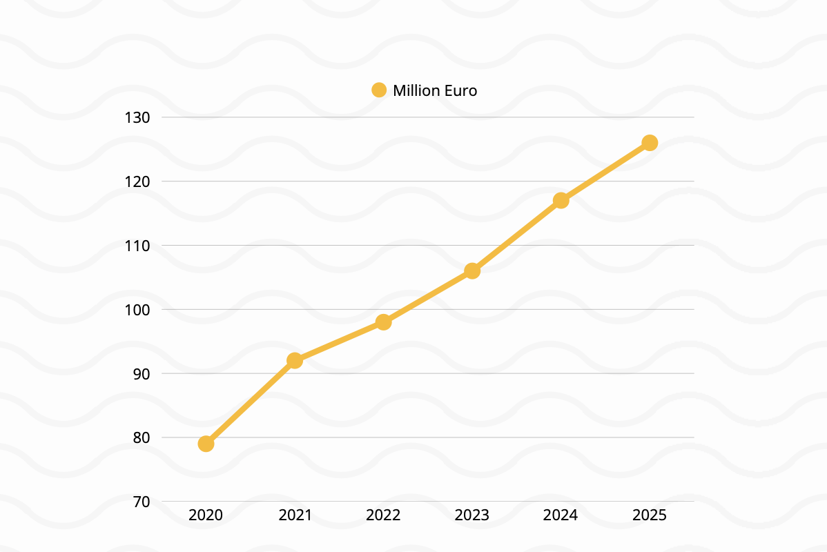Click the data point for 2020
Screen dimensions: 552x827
(x=206, y=444)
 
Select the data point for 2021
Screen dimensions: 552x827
(x=295, y=360)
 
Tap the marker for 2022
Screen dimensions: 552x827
(x=384, y=322)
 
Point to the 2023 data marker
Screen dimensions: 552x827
(x=472, y=270)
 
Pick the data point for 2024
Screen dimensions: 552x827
(x=561, y=201)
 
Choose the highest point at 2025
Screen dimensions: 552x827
(x=650, y=143)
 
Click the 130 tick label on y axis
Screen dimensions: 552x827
(x=137, y=118)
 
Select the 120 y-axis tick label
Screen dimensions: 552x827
(x=137, y=181)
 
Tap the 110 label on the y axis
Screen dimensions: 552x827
(x=137, y=246)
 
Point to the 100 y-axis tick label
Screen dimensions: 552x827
(x=137, y=310)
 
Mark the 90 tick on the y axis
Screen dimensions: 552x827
(x=141, y=373)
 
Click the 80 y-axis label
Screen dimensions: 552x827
(x=141, y=437)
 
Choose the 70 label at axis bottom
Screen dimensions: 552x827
(x=141, y=502)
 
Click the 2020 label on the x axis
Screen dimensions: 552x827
(x=206, y=515)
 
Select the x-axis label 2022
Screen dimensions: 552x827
(x=384, y=515)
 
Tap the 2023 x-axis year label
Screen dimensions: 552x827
(x=472, y=515)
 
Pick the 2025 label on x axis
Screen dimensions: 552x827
(x=650, y=515)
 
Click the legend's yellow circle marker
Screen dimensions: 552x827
(x=379, y=90)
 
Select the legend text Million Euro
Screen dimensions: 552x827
(x=435, y=90)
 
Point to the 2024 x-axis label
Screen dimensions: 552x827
(x=561, y=515)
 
